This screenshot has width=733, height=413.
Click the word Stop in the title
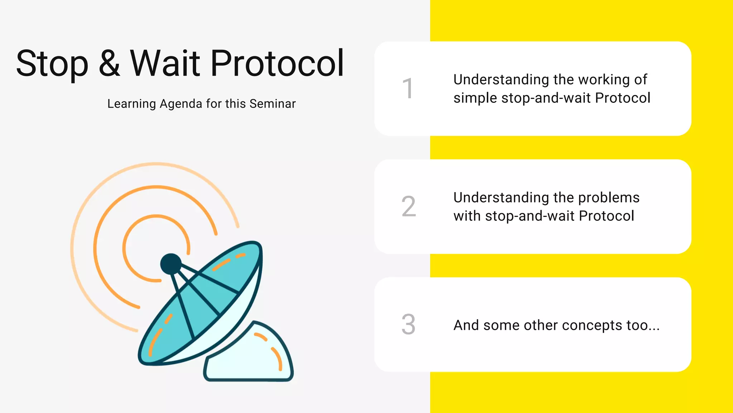[52, 64]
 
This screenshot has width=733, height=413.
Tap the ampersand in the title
[109, 64]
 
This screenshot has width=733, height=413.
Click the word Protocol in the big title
[277, 64]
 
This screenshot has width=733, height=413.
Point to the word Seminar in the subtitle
[272, 104]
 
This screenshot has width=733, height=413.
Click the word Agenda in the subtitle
[181, 104]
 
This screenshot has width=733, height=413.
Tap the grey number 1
[408, 88]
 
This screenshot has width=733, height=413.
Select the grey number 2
[409, 206]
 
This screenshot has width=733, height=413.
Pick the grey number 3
[408, 324]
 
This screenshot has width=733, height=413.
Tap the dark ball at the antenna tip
[171, 264]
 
